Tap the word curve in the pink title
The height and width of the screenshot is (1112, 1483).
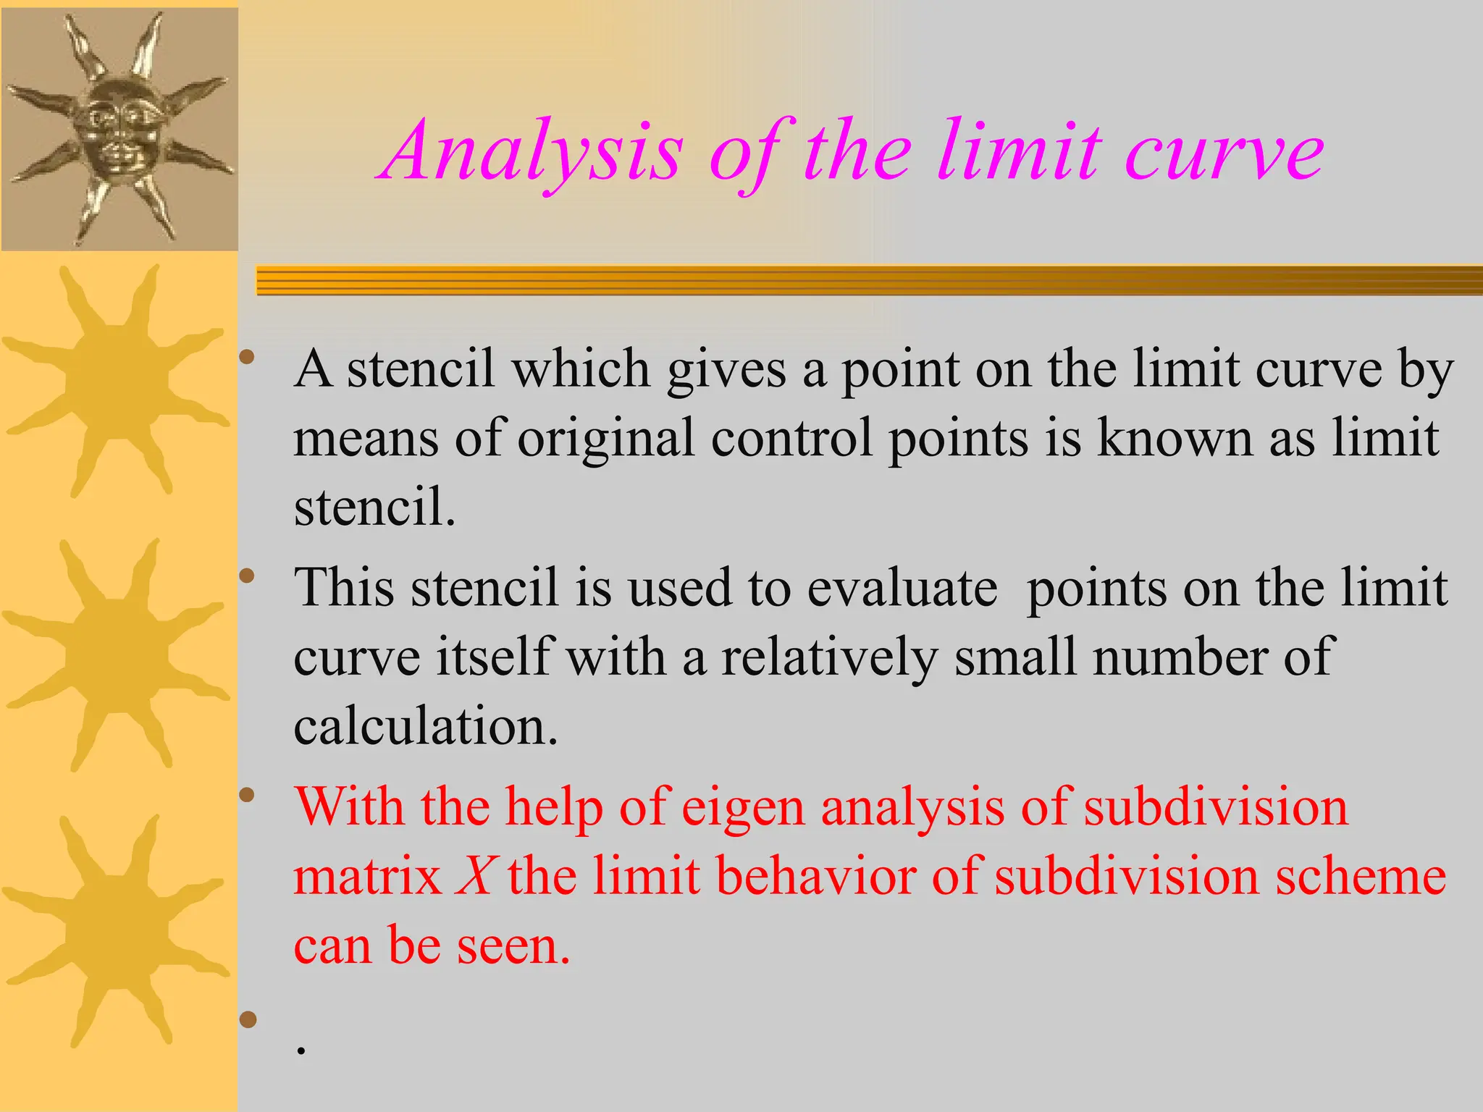click(1224, 153)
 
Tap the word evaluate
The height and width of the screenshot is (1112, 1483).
click(902, 588)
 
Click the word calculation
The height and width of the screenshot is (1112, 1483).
click(426, 726)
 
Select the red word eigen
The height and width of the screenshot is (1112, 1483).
click(743, 807)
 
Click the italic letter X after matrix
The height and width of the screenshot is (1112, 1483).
click(475, 877)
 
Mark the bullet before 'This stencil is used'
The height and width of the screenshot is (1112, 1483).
click(248, 577)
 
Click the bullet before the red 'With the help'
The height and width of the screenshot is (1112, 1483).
click(248, 796)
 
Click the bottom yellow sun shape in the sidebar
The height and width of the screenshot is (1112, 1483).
click(116, 931)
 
